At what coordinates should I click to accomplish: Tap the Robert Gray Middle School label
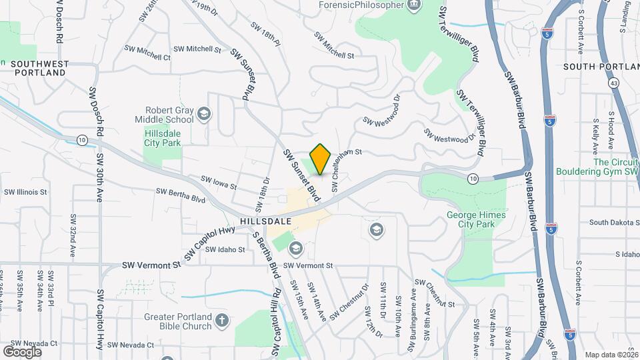pos(169,115)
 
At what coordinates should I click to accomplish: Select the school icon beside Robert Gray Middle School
pos(203,115)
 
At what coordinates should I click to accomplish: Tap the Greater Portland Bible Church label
pos(177,321)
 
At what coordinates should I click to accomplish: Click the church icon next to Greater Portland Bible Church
pos(222,321)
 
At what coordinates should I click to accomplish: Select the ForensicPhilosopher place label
pos(362,5)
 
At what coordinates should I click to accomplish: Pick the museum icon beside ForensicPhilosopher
pos(415,5)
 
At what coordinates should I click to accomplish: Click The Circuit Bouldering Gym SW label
pos(596,167)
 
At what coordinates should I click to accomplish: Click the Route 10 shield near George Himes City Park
pos(473,178)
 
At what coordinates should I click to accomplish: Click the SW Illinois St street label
pos(25,192)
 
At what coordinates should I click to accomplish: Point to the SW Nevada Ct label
pos(131,345)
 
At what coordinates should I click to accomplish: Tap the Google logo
pos(22,351)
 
